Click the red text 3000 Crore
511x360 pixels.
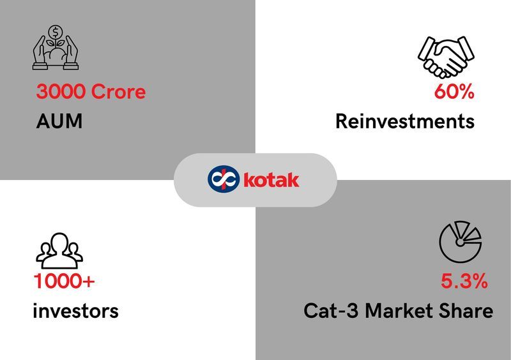(x=91, y=91)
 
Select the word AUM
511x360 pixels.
(x=59, y=121)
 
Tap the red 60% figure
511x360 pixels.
(x=454, y=91)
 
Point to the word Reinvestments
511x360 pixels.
(x=405, y=121)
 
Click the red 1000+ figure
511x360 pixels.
(x=65, y=281)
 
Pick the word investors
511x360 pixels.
(x=75, y=311)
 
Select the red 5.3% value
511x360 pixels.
(x=464, y=281)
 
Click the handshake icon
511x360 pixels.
(x=446, y=57)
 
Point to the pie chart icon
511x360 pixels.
(x=460, y=242)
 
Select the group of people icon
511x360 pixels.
(x=59, y=250)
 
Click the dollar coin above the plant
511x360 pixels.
(x=56, y=33)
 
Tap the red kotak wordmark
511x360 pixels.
(x=271, y=180)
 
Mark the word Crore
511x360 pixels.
(x=118, y=91)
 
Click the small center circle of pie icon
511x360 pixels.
(x=460, y=243)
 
